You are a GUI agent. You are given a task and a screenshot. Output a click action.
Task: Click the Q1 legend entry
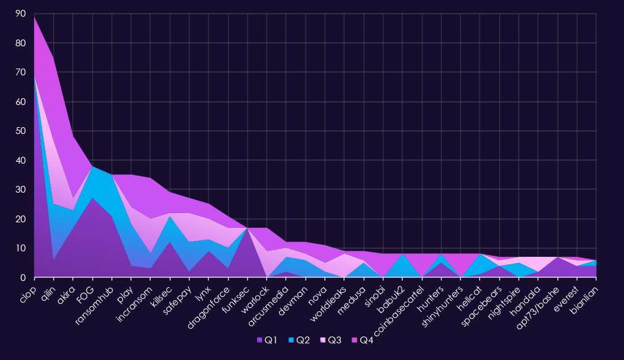click(x=266, y=340)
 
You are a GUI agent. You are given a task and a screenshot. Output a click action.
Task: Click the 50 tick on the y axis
click(x=20, y=132)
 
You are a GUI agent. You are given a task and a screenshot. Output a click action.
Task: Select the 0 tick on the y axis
click(x=23, y=278)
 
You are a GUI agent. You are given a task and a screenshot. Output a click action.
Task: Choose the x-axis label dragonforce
click(x=211, y=302)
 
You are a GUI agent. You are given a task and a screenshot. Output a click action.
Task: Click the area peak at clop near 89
click(x=35, y=17)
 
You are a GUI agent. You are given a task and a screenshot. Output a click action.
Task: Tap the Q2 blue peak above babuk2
click(x=402, y=254)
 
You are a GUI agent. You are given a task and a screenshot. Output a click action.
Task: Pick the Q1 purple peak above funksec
click(x=248, y=228)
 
